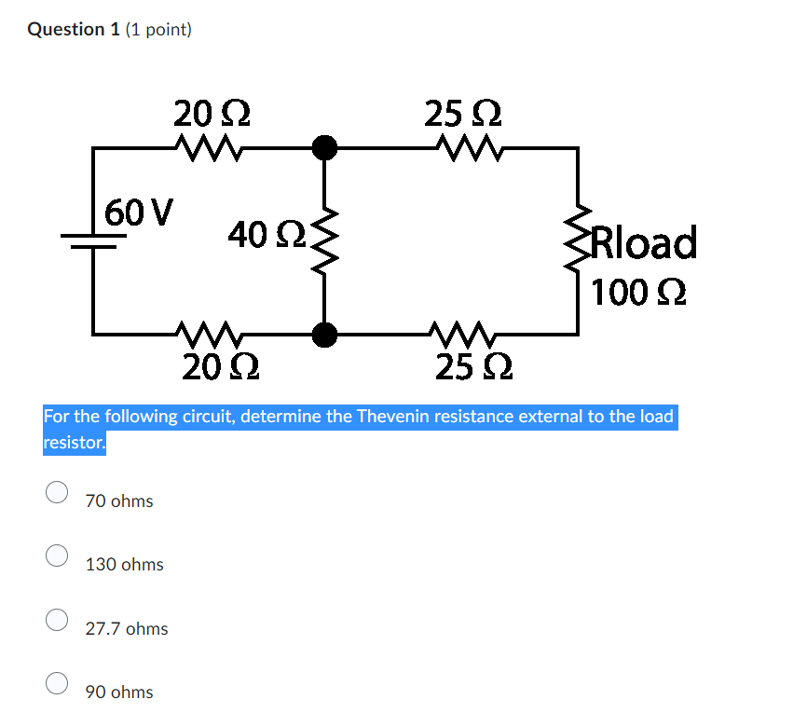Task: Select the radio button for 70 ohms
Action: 57,492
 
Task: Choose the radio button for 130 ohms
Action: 57,556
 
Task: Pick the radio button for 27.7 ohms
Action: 57,619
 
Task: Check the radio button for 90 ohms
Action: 57,683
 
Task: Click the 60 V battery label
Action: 139,212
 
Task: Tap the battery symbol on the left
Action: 93,241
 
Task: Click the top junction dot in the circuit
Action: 323,147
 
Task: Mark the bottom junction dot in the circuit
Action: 323,333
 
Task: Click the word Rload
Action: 644,243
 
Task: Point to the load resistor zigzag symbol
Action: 578,240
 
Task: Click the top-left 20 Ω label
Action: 212,115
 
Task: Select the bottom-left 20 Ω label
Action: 220,367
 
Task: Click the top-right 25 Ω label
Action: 463,115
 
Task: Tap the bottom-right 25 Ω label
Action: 472,367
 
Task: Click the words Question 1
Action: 66,30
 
